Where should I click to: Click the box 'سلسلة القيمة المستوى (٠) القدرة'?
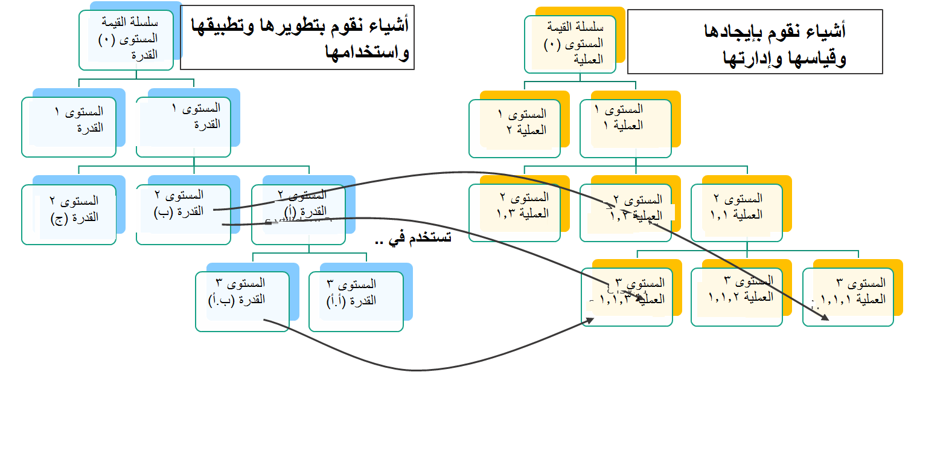[x=127, y=39]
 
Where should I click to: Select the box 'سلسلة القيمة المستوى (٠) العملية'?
[x=570, y=44]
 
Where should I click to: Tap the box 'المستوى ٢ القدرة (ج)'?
[x=69, y=214]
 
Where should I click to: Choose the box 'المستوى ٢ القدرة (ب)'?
[x=184, y=214]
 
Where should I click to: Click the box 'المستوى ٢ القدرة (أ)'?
[x=298, y=214]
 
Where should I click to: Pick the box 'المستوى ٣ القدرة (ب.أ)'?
[x=242, y=301]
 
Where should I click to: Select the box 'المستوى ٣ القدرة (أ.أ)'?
[x=356, y=301]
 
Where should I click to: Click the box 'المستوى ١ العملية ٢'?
[x=515, y=128]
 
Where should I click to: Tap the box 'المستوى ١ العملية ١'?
[x=625, y=128]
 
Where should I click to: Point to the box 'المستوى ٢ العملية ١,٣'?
[x=515, y=213]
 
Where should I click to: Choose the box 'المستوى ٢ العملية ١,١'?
[x=737, y=213]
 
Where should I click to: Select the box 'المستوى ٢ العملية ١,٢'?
[x=625, y=213]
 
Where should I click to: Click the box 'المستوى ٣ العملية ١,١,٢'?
[x=737, y=297]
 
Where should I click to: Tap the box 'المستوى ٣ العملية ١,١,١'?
[x=848, y=297]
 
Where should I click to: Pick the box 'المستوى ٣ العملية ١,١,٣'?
[x=627, y=297]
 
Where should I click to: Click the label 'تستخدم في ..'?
[x=413, y=239]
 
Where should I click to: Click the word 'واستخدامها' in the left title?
[x=367, y=53]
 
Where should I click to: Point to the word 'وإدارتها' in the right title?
[x=752, y=59]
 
